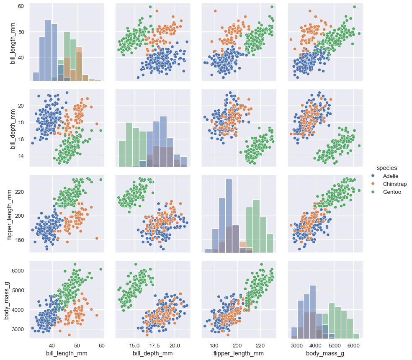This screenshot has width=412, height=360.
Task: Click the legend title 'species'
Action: click(386, 168)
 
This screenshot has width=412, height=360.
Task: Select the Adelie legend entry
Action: click(391, 176)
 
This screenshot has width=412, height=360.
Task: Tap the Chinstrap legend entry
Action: click(395, 184)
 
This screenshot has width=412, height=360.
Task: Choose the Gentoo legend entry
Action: click(392, 192)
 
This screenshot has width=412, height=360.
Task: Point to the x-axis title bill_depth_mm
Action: click(152, 354)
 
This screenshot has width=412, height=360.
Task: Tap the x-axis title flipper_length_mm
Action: click(239, 354)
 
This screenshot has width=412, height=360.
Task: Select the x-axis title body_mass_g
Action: click(325, 354)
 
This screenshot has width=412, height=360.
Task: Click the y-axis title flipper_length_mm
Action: click(9, 213)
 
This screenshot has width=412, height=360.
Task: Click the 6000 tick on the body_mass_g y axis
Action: click(19, 270)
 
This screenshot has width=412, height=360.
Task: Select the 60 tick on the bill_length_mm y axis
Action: click(21, 6)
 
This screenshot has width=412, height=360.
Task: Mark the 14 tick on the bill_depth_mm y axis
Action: click(21, 156)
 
